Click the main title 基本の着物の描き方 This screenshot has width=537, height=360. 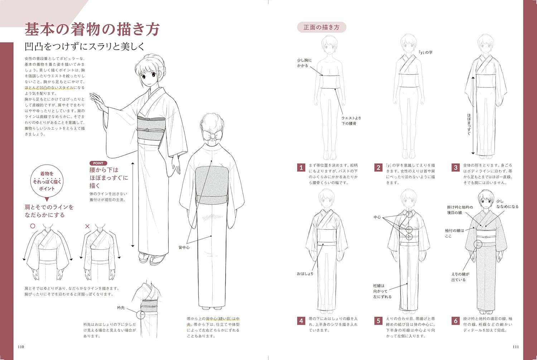92,29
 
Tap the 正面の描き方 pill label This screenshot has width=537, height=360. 321,27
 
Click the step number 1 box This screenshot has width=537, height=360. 301,167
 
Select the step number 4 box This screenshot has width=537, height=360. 301,321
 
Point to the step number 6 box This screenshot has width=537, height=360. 455,321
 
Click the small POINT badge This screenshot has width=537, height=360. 98,163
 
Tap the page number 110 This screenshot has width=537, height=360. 21,347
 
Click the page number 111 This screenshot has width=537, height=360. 516,347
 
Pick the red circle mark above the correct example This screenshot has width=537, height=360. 33,226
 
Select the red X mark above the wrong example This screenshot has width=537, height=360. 87,226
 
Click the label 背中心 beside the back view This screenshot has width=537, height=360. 184,247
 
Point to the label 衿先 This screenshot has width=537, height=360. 121,308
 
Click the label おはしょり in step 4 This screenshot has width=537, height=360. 305,274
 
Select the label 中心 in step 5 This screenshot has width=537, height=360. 377,217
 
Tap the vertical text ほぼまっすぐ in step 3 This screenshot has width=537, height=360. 469,124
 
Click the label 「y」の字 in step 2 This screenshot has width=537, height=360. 426,53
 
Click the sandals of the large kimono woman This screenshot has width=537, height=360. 152,257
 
